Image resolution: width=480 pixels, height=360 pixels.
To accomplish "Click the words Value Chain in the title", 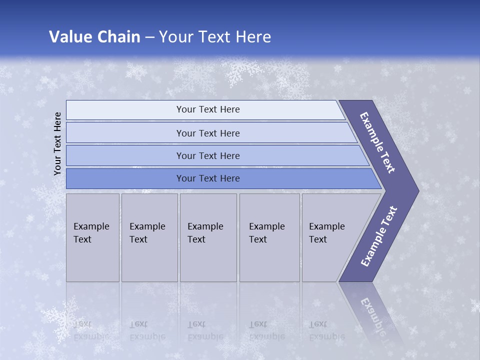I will coord(94,36).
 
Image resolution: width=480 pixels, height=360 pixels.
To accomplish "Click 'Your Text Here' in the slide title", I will coord(215,36).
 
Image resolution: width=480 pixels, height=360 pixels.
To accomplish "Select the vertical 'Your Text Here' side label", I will coord(58,144).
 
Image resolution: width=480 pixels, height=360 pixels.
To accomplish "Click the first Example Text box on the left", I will coord(92,237).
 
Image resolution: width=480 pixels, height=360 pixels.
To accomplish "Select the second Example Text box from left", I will coord(149,237).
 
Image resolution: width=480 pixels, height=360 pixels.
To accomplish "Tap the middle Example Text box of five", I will coord(208,237).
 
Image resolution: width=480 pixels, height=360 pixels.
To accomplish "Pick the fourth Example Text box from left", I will coord(269,237).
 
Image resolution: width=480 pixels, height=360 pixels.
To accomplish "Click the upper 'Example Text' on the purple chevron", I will coord(377,142).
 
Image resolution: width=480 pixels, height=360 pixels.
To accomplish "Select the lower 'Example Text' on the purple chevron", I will coord(378,236).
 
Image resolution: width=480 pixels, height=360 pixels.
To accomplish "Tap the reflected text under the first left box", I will coord(91,330).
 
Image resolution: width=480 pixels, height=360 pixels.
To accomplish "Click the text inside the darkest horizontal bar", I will coord(208,178).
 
